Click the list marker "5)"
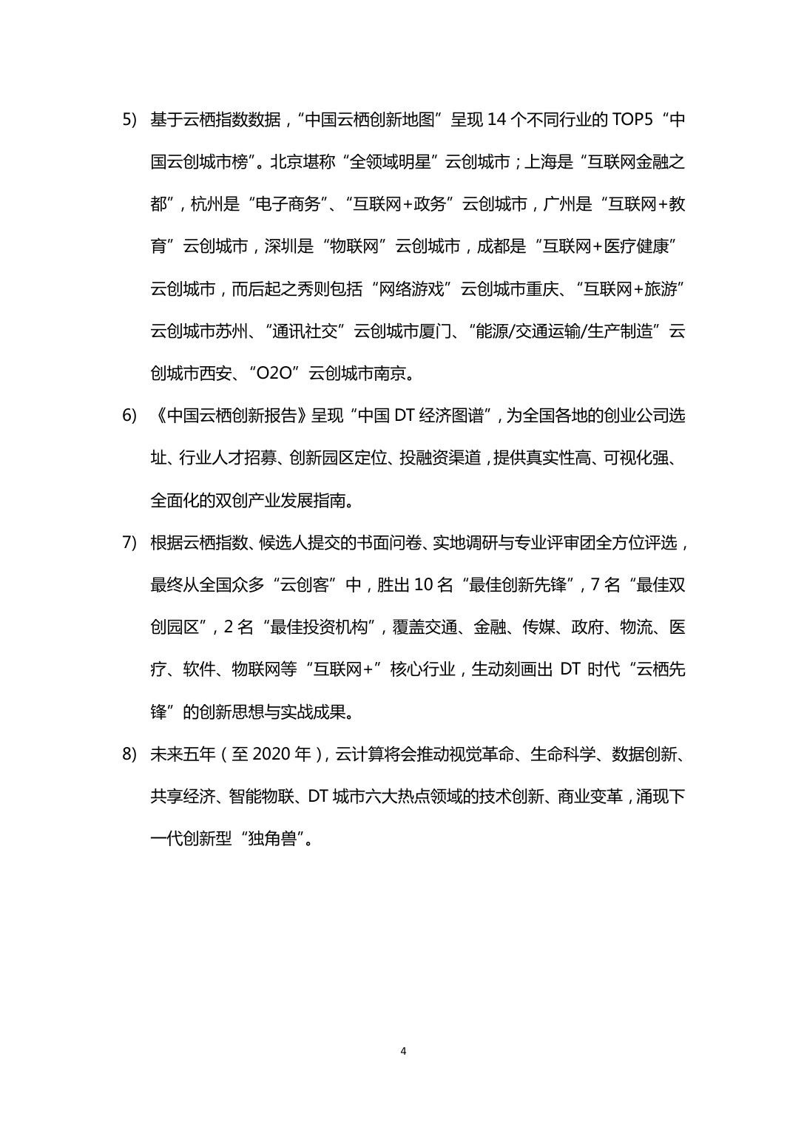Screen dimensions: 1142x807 click(x=129, y=120)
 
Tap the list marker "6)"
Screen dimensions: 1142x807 click(x=129, y=416)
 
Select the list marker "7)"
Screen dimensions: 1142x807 click(x=129, y=543)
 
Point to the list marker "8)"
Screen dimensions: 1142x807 click(x=129, y=754)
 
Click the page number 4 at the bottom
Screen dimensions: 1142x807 click(x=403, y=1051)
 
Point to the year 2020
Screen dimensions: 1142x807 click(x=273, y=754)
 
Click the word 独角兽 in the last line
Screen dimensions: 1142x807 click(x=273, y=839)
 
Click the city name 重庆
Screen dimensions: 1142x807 click(x=542, y=289)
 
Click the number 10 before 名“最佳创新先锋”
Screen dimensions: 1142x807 click(x=423, y=585)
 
